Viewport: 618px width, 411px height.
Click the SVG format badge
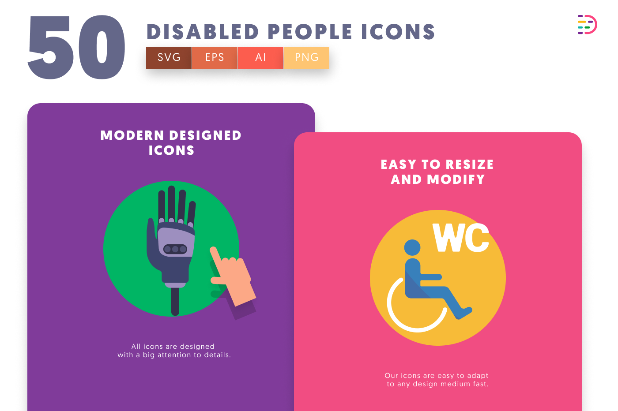pos(169,58)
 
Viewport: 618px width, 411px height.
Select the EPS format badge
pos(215,58)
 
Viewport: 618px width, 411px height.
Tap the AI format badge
pos(260,58)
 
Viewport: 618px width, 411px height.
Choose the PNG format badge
pos(306,58)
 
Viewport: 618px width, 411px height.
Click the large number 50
pos(76,47)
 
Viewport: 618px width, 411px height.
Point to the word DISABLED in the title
pos(203,32)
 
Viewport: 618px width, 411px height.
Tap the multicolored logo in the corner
pos(587,25)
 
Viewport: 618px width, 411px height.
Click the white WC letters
pos(461,238)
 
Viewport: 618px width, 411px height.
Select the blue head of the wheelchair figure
pos(412,247)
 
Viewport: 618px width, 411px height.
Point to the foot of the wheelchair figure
pos(465,312)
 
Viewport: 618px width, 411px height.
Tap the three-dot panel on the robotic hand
pos(175,249)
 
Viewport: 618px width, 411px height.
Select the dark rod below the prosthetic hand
pos(175,302)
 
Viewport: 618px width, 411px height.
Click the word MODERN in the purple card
pos(132,135)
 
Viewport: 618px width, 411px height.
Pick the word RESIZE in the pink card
pos(470,164)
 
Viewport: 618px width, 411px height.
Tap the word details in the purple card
pos(217,355)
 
